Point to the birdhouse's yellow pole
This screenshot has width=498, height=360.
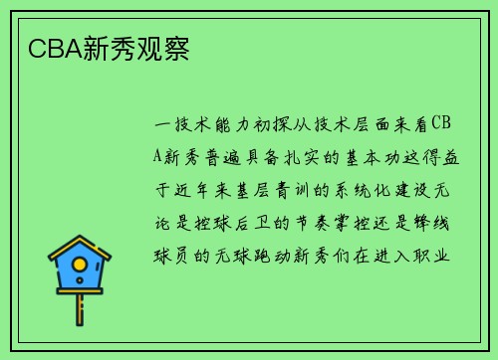tap(80, 308)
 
